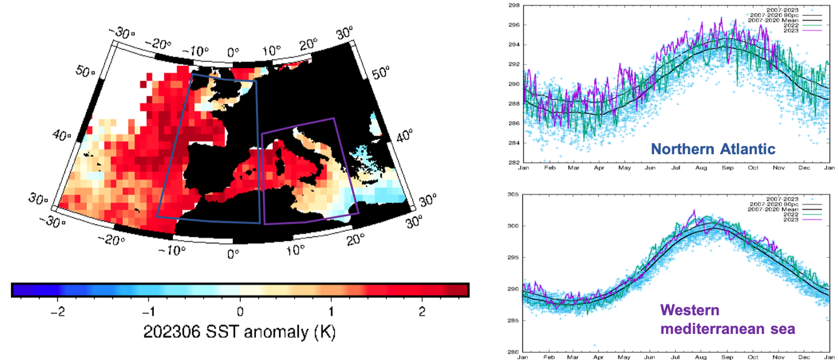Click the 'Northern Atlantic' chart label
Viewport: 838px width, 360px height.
(x=713, y=149)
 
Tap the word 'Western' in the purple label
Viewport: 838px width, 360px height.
(x=690, y=311)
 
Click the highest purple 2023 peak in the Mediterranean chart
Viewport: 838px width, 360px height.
(x=694, y=211)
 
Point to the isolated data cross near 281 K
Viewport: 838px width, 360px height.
(x=578, y=345)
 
